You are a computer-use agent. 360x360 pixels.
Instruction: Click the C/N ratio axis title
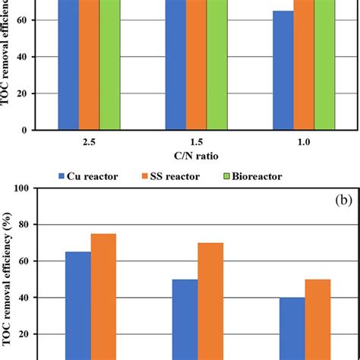pyautogui.click(x=196, y=156)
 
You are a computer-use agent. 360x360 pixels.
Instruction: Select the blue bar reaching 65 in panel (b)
pyautogui.click(x=77, y=304)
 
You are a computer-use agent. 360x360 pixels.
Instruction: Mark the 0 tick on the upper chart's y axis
pyautogui.click(x=47, y=131)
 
